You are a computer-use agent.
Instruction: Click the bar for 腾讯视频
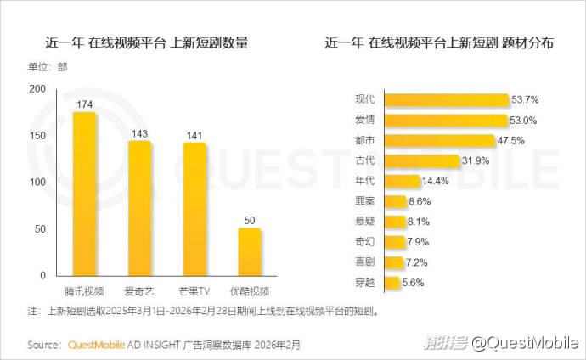pyautogui.click(x=85, y=194)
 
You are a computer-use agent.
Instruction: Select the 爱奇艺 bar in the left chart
pyautogui.click(x=139, y=208)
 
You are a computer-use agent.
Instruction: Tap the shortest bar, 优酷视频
pyautogui.click(x=249, y=251)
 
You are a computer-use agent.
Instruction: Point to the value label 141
pyautogui.click(x=194, y=133)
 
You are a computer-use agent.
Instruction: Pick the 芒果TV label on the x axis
pyautogui.click(x=194, y=291)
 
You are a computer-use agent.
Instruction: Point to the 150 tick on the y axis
pyautogui.click(x=37, y=136)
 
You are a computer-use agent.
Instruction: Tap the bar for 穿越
pyautogui.click(x=392, y=283)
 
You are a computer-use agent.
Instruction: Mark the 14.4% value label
pyautogui.click(x=437, y=181)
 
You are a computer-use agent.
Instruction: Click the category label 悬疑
pyautogui.click(x=365, y=222)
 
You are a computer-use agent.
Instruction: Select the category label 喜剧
pyautogui.click(x=365, y=262)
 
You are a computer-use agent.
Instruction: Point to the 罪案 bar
pyautogui.click(x=395, y=201)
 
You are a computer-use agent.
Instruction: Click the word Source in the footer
pyautogui.click(x=43, y=345)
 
